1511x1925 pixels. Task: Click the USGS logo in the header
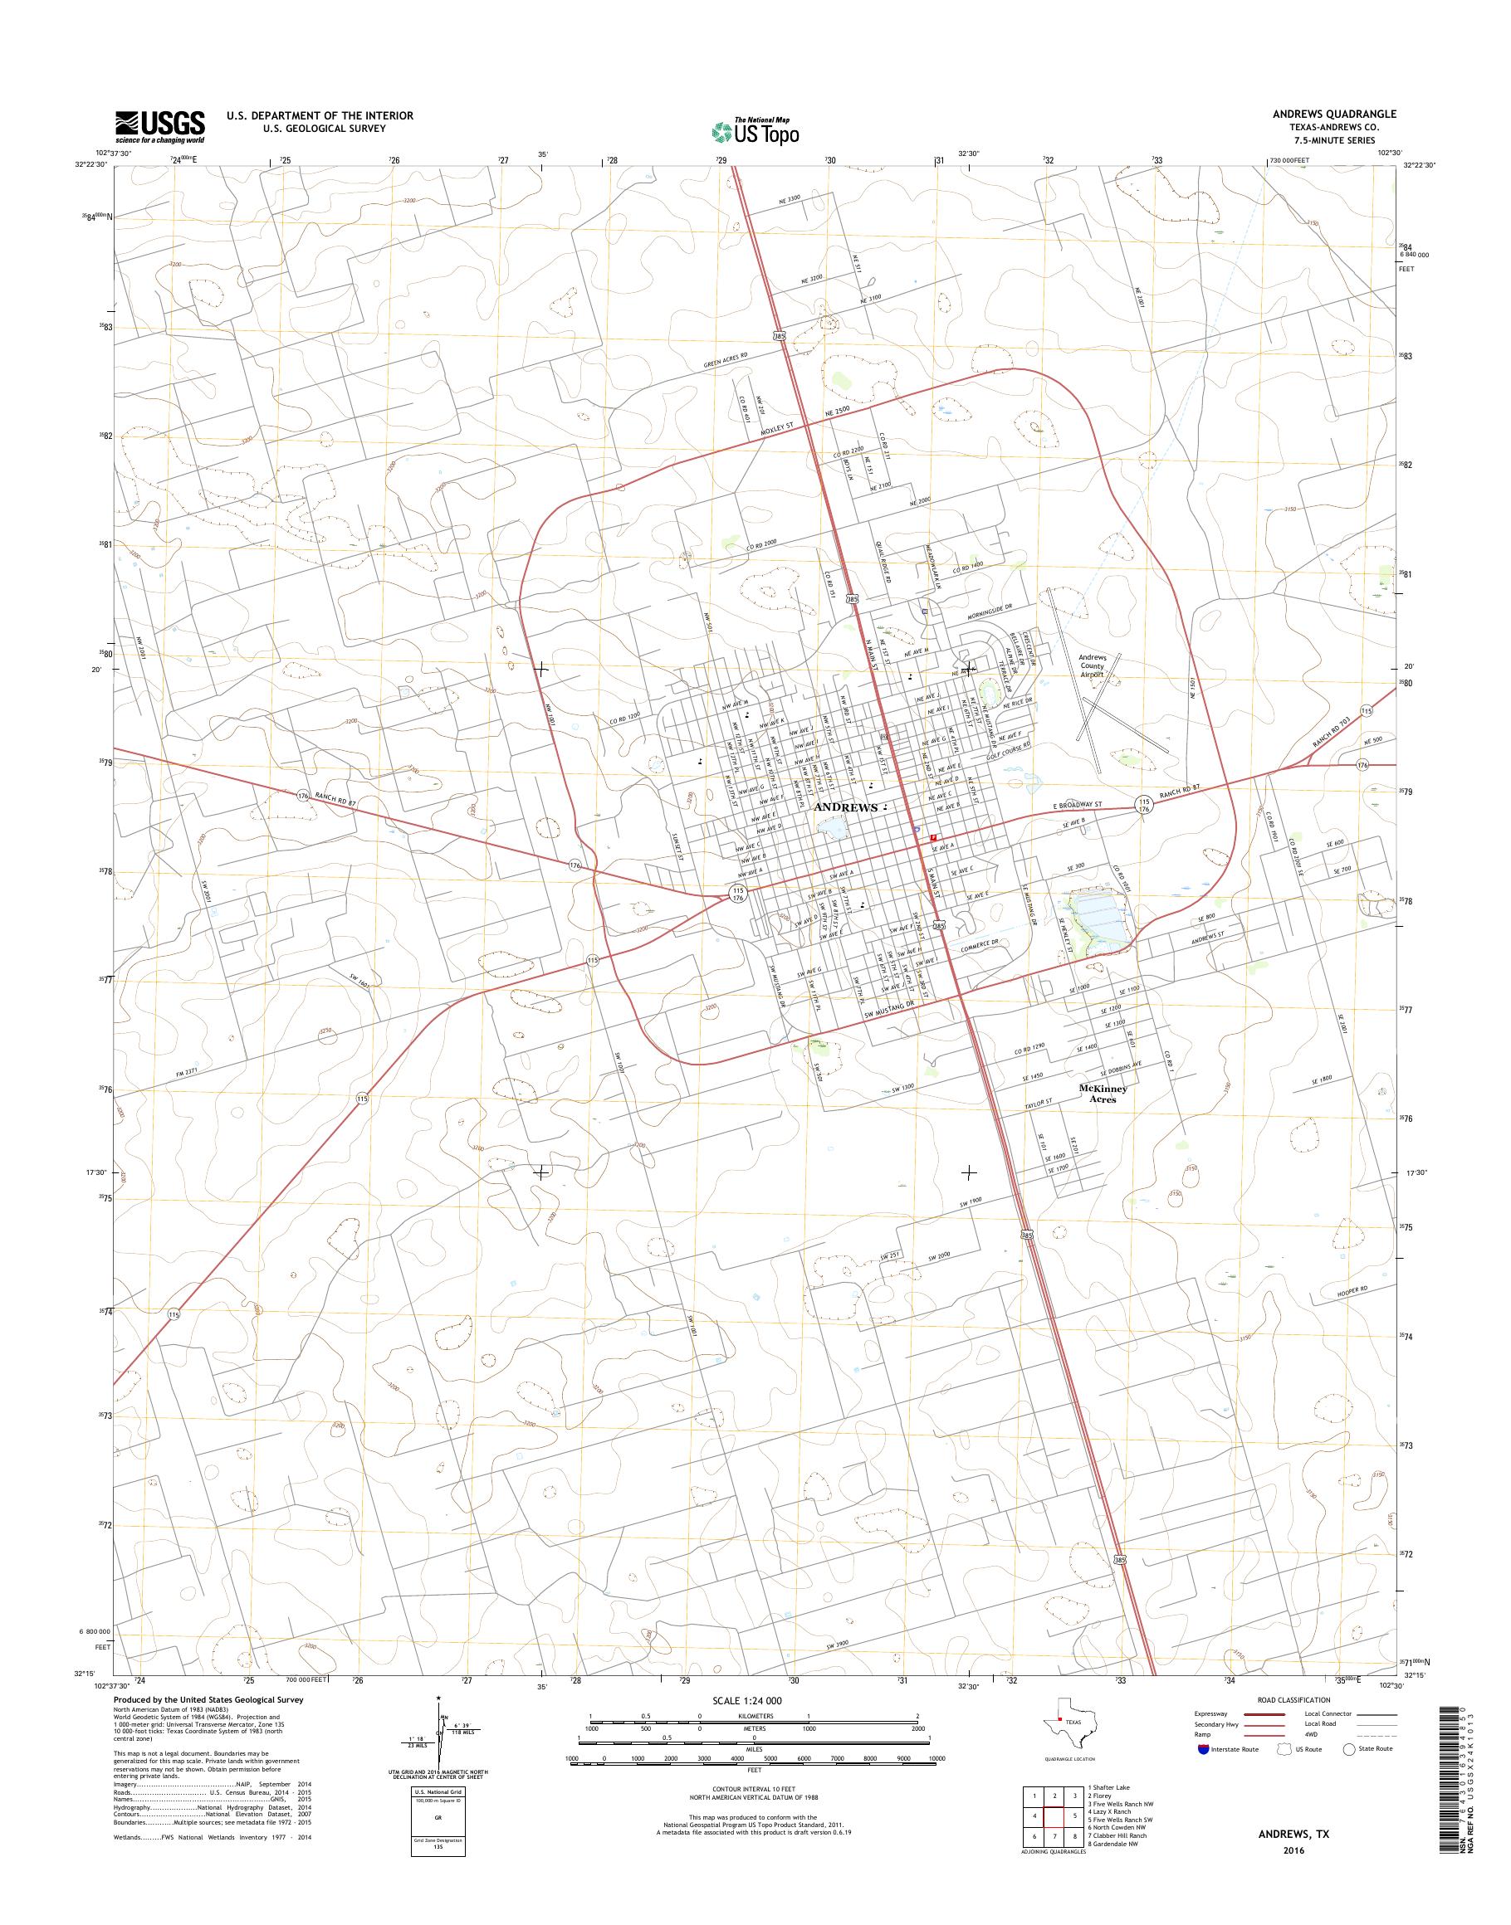[x=160, y=126]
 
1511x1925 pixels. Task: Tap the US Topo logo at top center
[x=755, y=132]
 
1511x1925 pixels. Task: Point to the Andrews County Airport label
[x=1092, y=665]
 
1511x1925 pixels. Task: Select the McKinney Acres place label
[x=1103, y=1094]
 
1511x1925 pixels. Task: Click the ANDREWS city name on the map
[x=846, y=807]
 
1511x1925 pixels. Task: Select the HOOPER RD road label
[x=1352, y=1293]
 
